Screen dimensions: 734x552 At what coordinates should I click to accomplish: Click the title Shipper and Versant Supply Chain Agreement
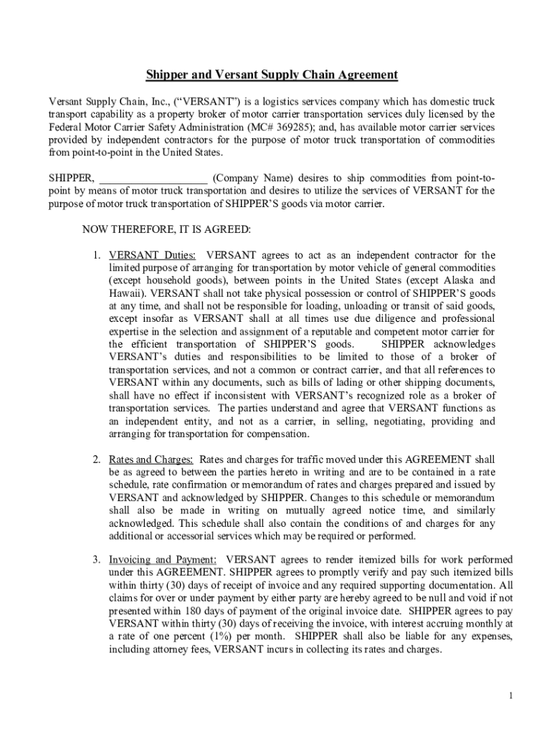[x=272, y=75]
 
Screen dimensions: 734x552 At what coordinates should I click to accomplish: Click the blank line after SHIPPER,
[x=153, y=178]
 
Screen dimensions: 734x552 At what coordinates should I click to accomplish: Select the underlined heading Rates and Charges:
[x=151, y=459]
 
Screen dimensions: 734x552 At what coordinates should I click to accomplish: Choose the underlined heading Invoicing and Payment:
[x=163, y=559]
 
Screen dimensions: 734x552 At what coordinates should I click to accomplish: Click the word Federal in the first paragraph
[x=65, y=127]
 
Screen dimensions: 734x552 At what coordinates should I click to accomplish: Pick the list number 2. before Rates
[x=96, y=459]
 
